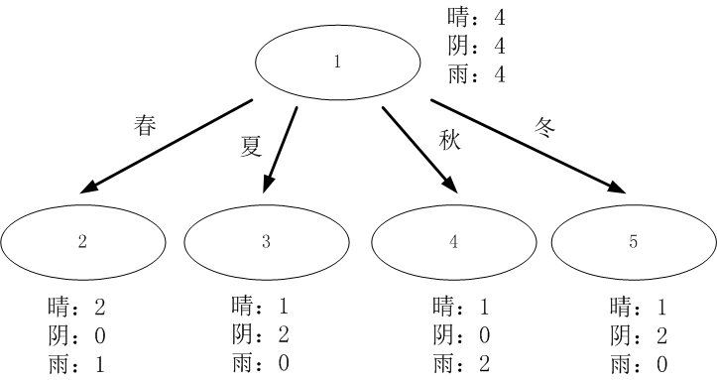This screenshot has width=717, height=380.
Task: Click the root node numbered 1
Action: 337,63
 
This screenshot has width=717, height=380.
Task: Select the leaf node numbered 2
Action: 82,241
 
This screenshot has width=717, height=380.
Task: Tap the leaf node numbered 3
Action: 266,241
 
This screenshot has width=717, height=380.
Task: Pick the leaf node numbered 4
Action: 453,241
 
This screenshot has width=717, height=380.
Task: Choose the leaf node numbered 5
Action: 634,241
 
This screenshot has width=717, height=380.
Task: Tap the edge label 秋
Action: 451,139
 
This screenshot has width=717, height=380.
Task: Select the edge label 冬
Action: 545,127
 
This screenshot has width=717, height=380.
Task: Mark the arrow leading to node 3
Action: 281,149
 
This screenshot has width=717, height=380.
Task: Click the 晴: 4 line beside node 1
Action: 476,18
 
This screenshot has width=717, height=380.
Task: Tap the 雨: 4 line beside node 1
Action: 476,74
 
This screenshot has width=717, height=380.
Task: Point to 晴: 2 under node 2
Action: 75,306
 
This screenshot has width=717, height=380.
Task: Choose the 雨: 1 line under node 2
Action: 75,363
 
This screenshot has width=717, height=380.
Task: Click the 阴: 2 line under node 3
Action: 256,334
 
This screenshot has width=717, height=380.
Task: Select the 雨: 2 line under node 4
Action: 460,363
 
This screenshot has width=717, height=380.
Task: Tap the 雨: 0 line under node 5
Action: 641,363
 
